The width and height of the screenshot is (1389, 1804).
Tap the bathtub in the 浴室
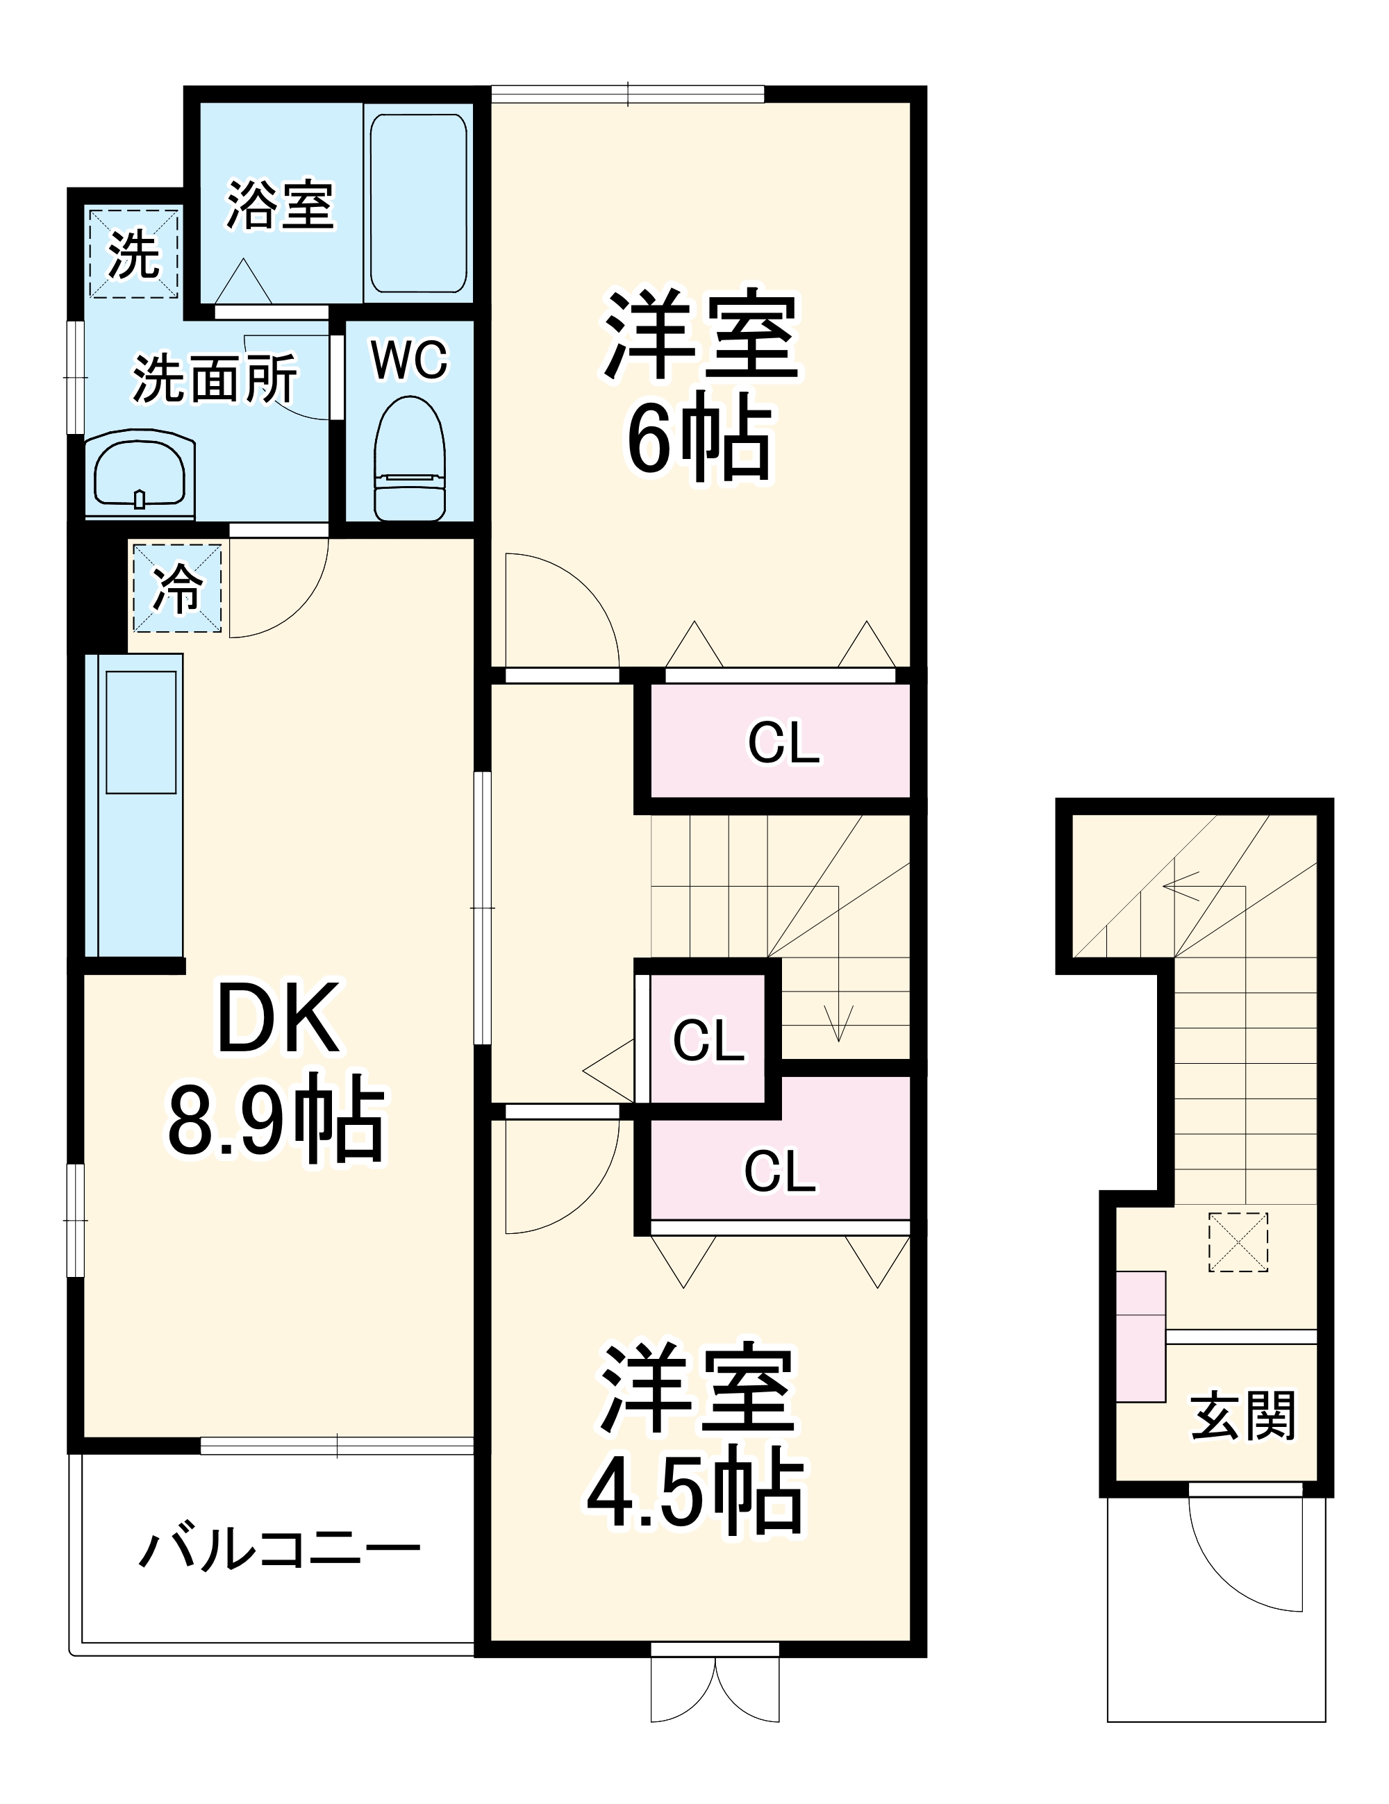417,203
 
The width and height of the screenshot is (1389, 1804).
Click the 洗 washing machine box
133,253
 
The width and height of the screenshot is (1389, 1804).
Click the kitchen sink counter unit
134,805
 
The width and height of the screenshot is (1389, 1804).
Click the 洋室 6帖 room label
699,384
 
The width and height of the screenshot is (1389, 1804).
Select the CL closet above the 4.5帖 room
780,1171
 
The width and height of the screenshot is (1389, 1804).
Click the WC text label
409,360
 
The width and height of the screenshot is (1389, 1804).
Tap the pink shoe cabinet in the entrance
1140,1337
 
